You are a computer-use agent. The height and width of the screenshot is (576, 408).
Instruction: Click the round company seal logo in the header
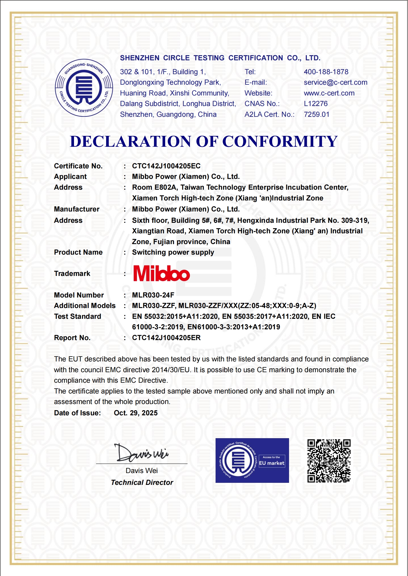pos(84,88)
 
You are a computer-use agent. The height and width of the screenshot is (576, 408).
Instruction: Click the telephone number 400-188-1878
pos(326,72)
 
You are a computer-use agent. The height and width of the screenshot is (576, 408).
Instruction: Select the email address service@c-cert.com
pos(335,82)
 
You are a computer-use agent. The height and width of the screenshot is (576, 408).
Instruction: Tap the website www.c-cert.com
pos(329,93)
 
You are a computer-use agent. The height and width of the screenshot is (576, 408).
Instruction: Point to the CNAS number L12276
pos(316,104)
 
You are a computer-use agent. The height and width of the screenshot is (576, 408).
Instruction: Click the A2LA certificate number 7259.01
pos(316,114)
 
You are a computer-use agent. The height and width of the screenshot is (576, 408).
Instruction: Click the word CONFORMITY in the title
pos(280,141)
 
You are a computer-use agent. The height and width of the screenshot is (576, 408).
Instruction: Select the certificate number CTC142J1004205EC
pos(166,166)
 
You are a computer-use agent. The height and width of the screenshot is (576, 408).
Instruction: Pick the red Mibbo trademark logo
pos(161,274)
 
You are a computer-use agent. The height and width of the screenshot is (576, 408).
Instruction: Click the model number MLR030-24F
pos(153,295)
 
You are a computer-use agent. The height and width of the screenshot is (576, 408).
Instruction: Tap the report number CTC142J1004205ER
pos(166,338)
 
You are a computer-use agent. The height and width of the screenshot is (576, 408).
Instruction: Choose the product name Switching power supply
pos(173,252)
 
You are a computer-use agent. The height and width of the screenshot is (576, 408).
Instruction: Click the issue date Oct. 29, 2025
pos(136,413)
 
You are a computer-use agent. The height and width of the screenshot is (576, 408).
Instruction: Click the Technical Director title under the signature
pos(142,483)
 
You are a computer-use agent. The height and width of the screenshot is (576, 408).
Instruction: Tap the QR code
pos(329,461)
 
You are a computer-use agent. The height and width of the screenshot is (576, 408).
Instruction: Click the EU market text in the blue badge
pos(272,463)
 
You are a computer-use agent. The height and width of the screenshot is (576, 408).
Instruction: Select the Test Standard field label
pos(77,316)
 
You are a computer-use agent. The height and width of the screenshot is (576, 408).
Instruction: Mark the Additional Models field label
pos(85,306)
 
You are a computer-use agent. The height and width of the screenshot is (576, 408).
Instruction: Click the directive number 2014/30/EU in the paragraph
pos(170,370)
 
